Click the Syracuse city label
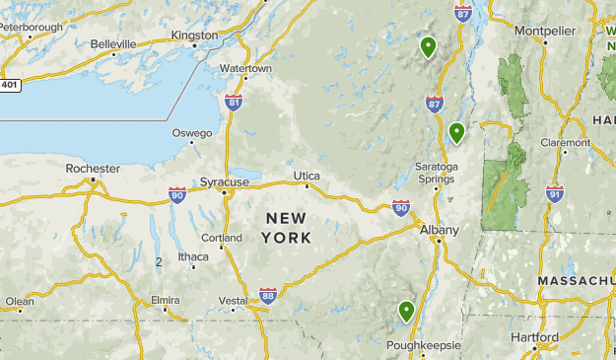225,182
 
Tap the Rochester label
93,169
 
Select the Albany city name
439,230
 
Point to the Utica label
307,176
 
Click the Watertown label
245,69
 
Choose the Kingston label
194,36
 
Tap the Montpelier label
543,31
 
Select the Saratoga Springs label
437,173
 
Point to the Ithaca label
193,257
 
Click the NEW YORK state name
287,228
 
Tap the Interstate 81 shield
233,102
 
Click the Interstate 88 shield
268,294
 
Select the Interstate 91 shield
555,193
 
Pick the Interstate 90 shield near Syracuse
177,194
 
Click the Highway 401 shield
10,85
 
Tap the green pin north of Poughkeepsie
406,313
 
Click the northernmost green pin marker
428,46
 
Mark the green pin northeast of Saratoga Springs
456,132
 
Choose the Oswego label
192,133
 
